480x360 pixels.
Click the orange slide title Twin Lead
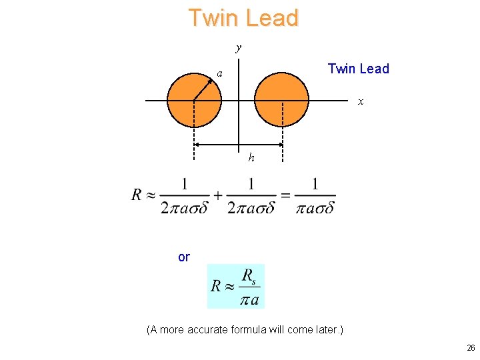pos(243,18)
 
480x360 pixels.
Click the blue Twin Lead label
pos(358,69)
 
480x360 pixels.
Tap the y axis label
pos(238,48)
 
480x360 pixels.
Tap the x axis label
pos(361,101)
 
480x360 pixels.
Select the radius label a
pos(219,74)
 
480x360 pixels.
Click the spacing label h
pos(251,158)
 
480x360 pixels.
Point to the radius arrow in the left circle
pos(207,86)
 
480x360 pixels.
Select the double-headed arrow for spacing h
pos(238,145)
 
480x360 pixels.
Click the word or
pos(184,257)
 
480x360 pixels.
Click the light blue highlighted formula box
pos(236,287)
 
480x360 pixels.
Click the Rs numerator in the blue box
pos(249,275)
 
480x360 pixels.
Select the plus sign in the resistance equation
pos(218,195)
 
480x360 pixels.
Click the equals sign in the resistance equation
pos(285,195)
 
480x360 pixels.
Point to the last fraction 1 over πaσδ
pos(315,195)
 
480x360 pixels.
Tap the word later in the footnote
pos(326,329)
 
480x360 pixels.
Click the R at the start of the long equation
pos(137,195)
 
